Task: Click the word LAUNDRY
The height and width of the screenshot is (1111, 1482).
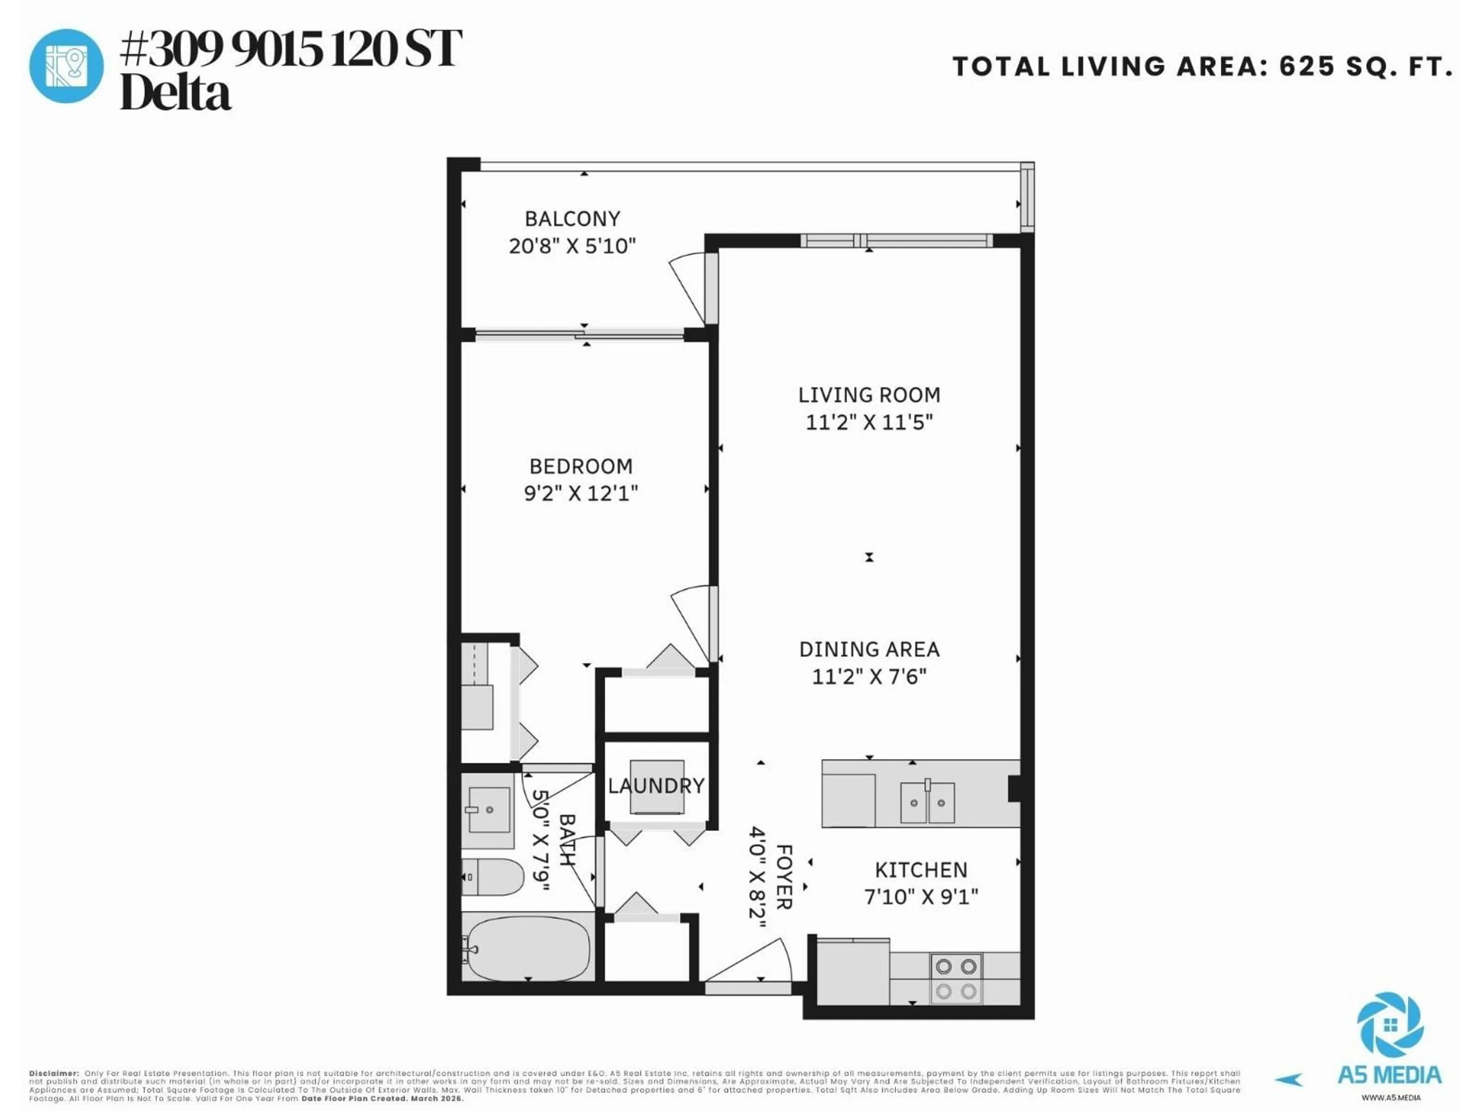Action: [656, 785]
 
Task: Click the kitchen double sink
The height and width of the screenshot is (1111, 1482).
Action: [927, 802]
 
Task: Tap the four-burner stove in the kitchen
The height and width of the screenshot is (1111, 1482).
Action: [956, 978]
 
